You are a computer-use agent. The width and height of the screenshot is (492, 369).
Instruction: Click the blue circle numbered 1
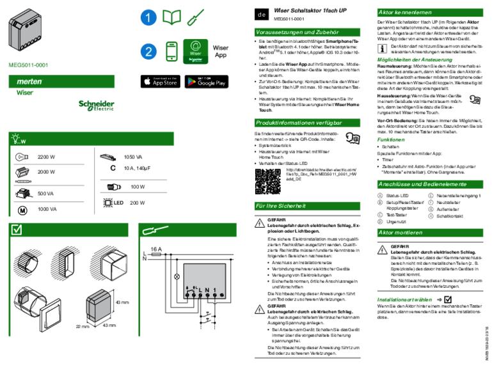pyautogui.click(x=148, y=19)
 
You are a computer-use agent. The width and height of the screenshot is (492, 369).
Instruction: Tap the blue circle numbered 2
pyautogui.click(x=148, y=52)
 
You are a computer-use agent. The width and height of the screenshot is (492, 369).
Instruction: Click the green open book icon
pyautogui.click(x=171, y=18)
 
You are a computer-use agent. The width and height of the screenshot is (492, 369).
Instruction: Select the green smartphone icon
pyautogui.click(x=171, y=52)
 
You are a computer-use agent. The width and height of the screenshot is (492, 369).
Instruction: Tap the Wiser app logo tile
pyautogui.click(x=196, y=52)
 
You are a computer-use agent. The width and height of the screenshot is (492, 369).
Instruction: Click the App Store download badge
pyautogui.click(x=160, y=82)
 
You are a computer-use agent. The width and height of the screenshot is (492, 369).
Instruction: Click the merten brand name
pyautogui.click(x=29, y=82)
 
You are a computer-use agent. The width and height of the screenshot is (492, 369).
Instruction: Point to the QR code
pyautogui.click(x=267, y=181)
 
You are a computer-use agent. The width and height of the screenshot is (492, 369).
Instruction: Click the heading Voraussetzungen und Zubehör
pyautogui.click(x=297, y=32)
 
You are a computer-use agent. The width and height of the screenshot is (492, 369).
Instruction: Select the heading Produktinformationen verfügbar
pyautogui.click(x=298, y=123)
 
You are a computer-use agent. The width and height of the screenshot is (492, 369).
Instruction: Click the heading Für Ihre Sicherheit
pyautogui.click(x=281, y=206)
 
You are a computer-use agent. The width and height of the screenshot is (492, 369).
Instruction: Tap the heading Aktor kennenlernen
pyautogui.click(x=405, y=12)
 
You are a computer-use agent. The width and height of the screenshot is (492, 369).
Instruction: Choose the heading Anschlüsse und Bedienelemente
pyautogui.click(x=422, y=184)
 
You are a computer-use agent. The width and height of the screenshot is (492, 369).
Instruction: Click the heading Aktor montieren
pyautogui.click(x=401, y=233)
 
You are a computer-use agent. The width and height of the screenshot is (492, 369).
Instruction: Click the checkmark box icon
pyautogui.click(x=17, y=230)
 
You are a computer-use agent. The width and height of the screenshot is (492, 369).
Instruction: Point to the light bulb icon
pyautogui.click(x=16, y=139)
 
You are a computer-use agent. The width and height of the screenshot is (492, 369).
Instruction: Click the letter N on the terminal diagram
pyautogui.click(x=208, y=291)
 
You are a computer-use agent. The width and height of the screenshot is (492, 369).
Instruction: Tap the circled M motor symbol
pyautogui.click(x=22, y=210)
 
